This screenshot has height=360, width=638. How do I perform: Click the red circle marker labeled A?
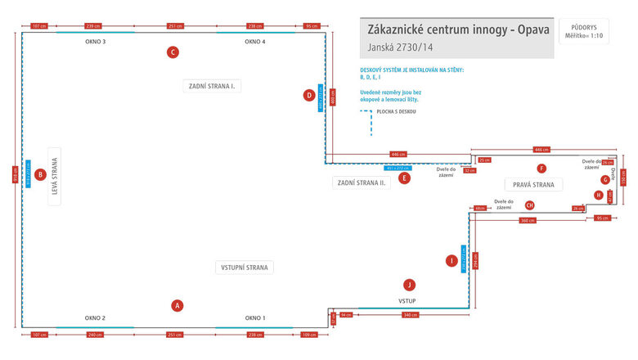[177, 305]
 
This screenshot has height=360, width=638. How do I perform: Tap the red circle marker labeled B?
[40, 174]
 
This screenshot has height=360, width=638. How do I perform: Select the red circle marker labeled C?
[173, 52]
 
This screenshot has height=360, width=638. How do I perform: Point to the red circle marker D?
[308, 95]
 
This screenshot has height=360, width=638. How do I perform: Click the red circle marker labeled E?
[405, 177]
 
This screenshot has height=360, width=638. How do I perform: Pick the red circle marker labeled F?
[541, 169]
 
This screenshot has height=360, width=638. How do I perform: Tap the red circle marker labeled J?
[410, 285]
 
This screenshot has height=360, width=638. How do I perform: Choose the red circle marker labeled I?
[451, 261]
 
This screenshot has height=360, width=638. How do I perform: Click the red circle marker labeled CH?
[530, 205]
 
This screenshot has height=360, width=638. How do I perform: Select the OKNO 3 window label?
[96, 41]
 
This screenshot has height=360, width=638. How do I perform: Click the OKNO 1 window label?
[255, 317]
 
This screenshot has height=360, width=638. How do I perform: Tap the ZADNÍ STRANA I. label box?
[212, 85]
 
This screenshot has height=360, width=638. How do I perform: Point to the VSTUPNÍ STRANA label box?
[245, 268]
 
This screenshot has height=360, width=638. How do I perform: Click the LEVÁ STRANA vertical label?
[55, 175]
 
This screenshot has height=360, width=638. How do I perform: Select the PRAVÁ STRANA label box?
[534, 185]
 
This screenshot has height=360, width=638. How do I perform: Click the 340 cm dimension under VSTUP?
[411, 315]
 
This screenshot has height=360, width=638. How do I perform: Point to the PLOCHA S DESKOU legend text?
[397, 111]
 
